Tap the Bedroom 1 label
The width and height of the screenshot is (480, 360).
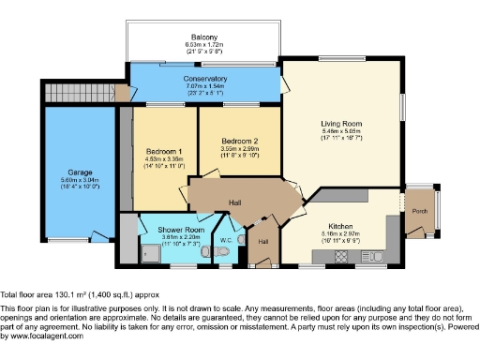point(164,152)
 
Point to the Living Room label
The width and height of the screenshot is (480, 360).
point(341,123)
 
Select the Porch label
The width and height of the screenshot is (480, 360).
point(421,211)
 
